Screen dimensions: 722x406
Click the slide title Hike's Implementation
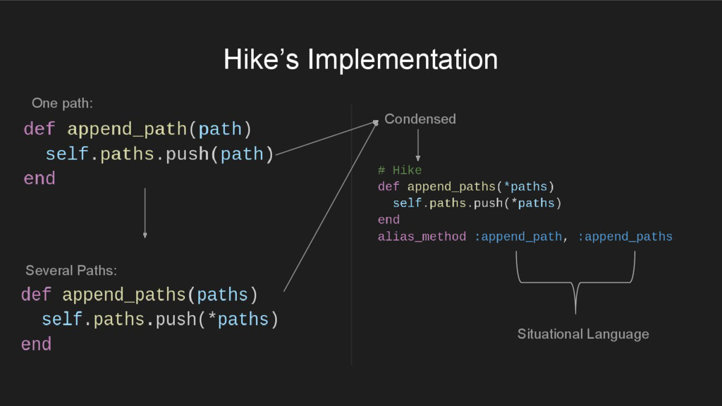tap(360, 59)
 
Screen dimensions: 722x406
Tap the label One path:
tap(62, 104)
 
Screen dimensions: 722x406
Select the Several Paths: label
tap(71, 271)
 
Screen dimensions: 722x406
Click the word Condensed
tap(420, 119)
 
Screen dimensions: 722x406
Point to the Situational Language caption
tap(583, 334)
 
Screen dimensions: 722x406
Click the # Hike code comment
tap(399, 171)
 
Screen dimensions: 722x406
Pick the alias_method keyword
tap(422, 237)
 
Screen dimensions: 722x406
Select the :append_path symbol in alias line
tap(518, 237)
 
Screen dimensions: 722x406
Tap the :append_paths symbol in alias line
tap(625, 237)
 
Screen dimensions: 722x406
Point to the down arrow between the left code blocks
tap(145, 212)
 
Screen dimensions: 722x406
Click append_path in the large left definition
tap(127, 130)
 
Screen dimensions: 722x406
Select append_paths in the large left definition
tap(124, 295)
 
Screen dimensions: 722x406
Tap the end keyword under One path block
tap(39, 179)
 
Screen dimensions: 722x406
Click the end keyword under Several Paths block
tap(36, 344)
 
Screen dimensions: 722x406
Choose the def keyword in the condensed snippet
tap(388, 187)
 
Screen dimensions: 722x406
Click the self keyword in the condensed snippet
tap(407, 204)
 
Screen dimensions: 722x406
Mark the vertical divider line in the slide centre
tap(351, 236)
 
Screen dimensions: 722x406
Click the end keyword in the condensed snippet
tap(388, 220)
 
